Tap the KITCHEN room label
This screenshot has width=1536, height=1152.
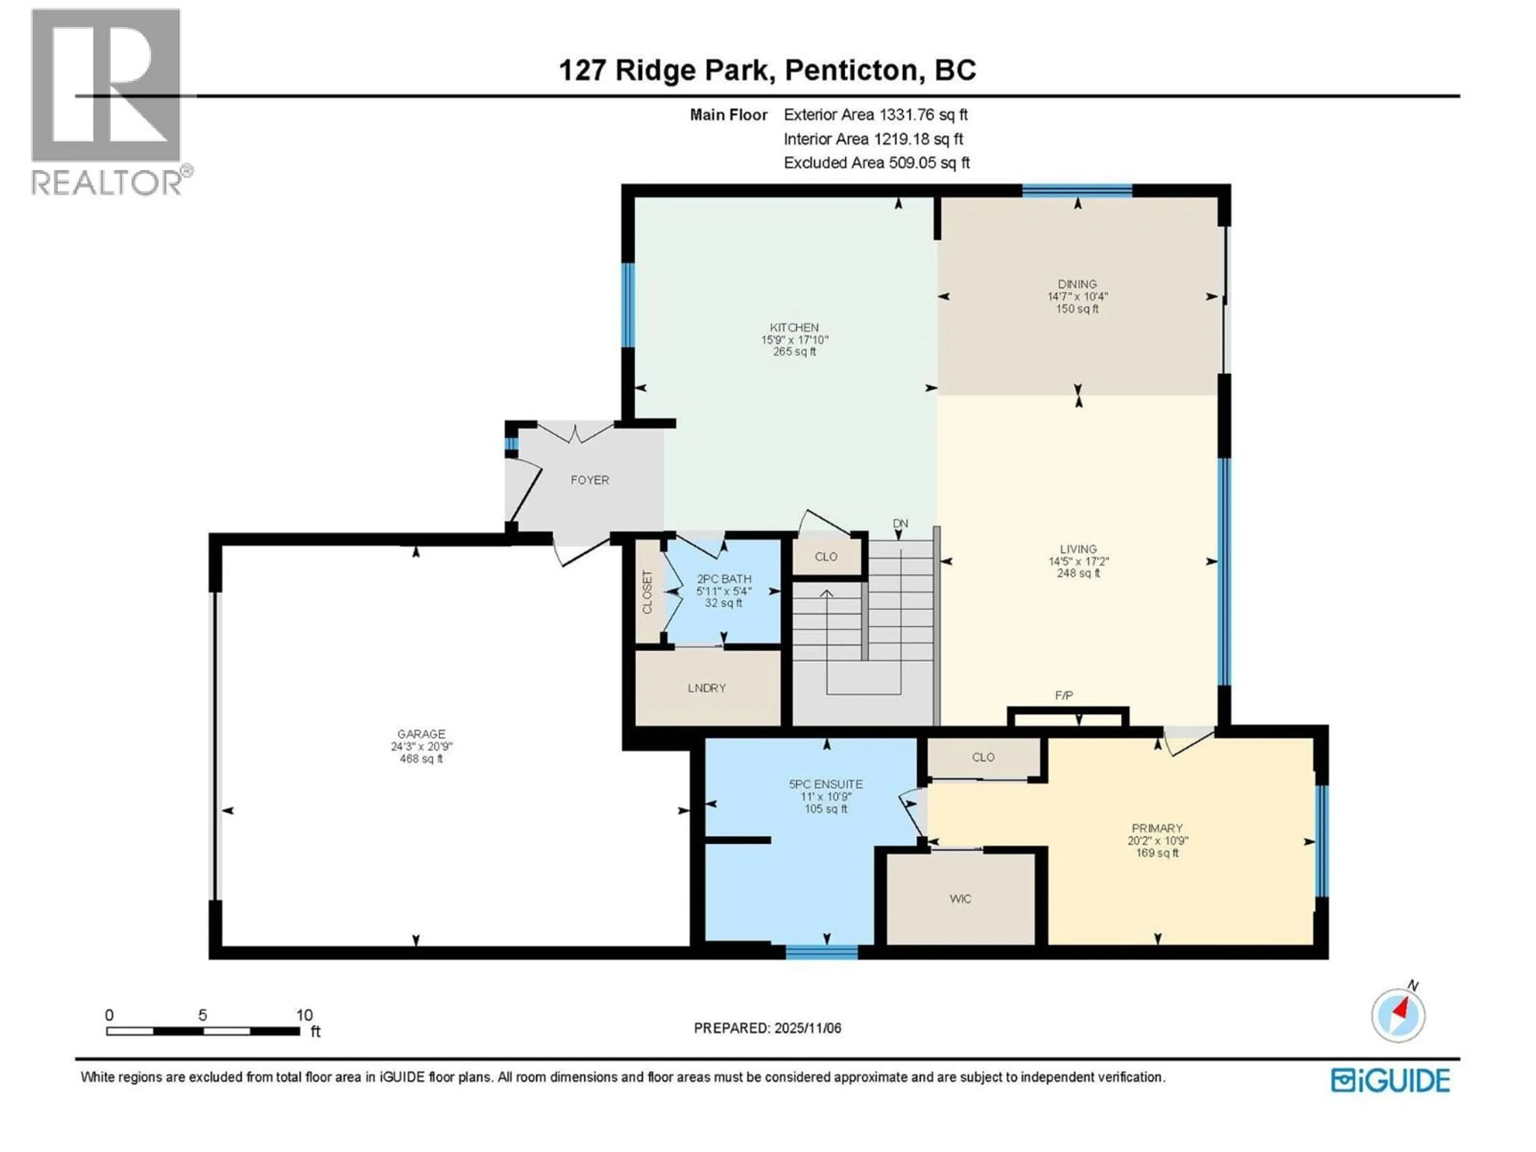(x=794, y=327)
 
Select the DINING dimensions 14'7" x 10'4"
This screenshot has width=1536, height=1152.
(x=1077, y=296)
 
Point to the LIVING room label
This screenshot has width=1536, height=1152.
(x=1078, y=548)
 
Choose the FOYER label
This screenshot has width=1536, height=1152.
(x=590, y=480)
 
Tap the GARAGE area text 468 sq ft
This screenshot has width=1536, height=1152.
(x=421, y=759)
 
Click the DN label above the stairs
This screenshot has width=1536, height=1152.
(x=900, y=524)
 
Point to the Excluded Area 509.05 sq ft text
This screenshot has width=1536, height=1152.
(x=876, y=162)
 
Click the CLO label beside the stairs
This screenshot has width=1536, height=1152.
(x=826, y=556)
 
